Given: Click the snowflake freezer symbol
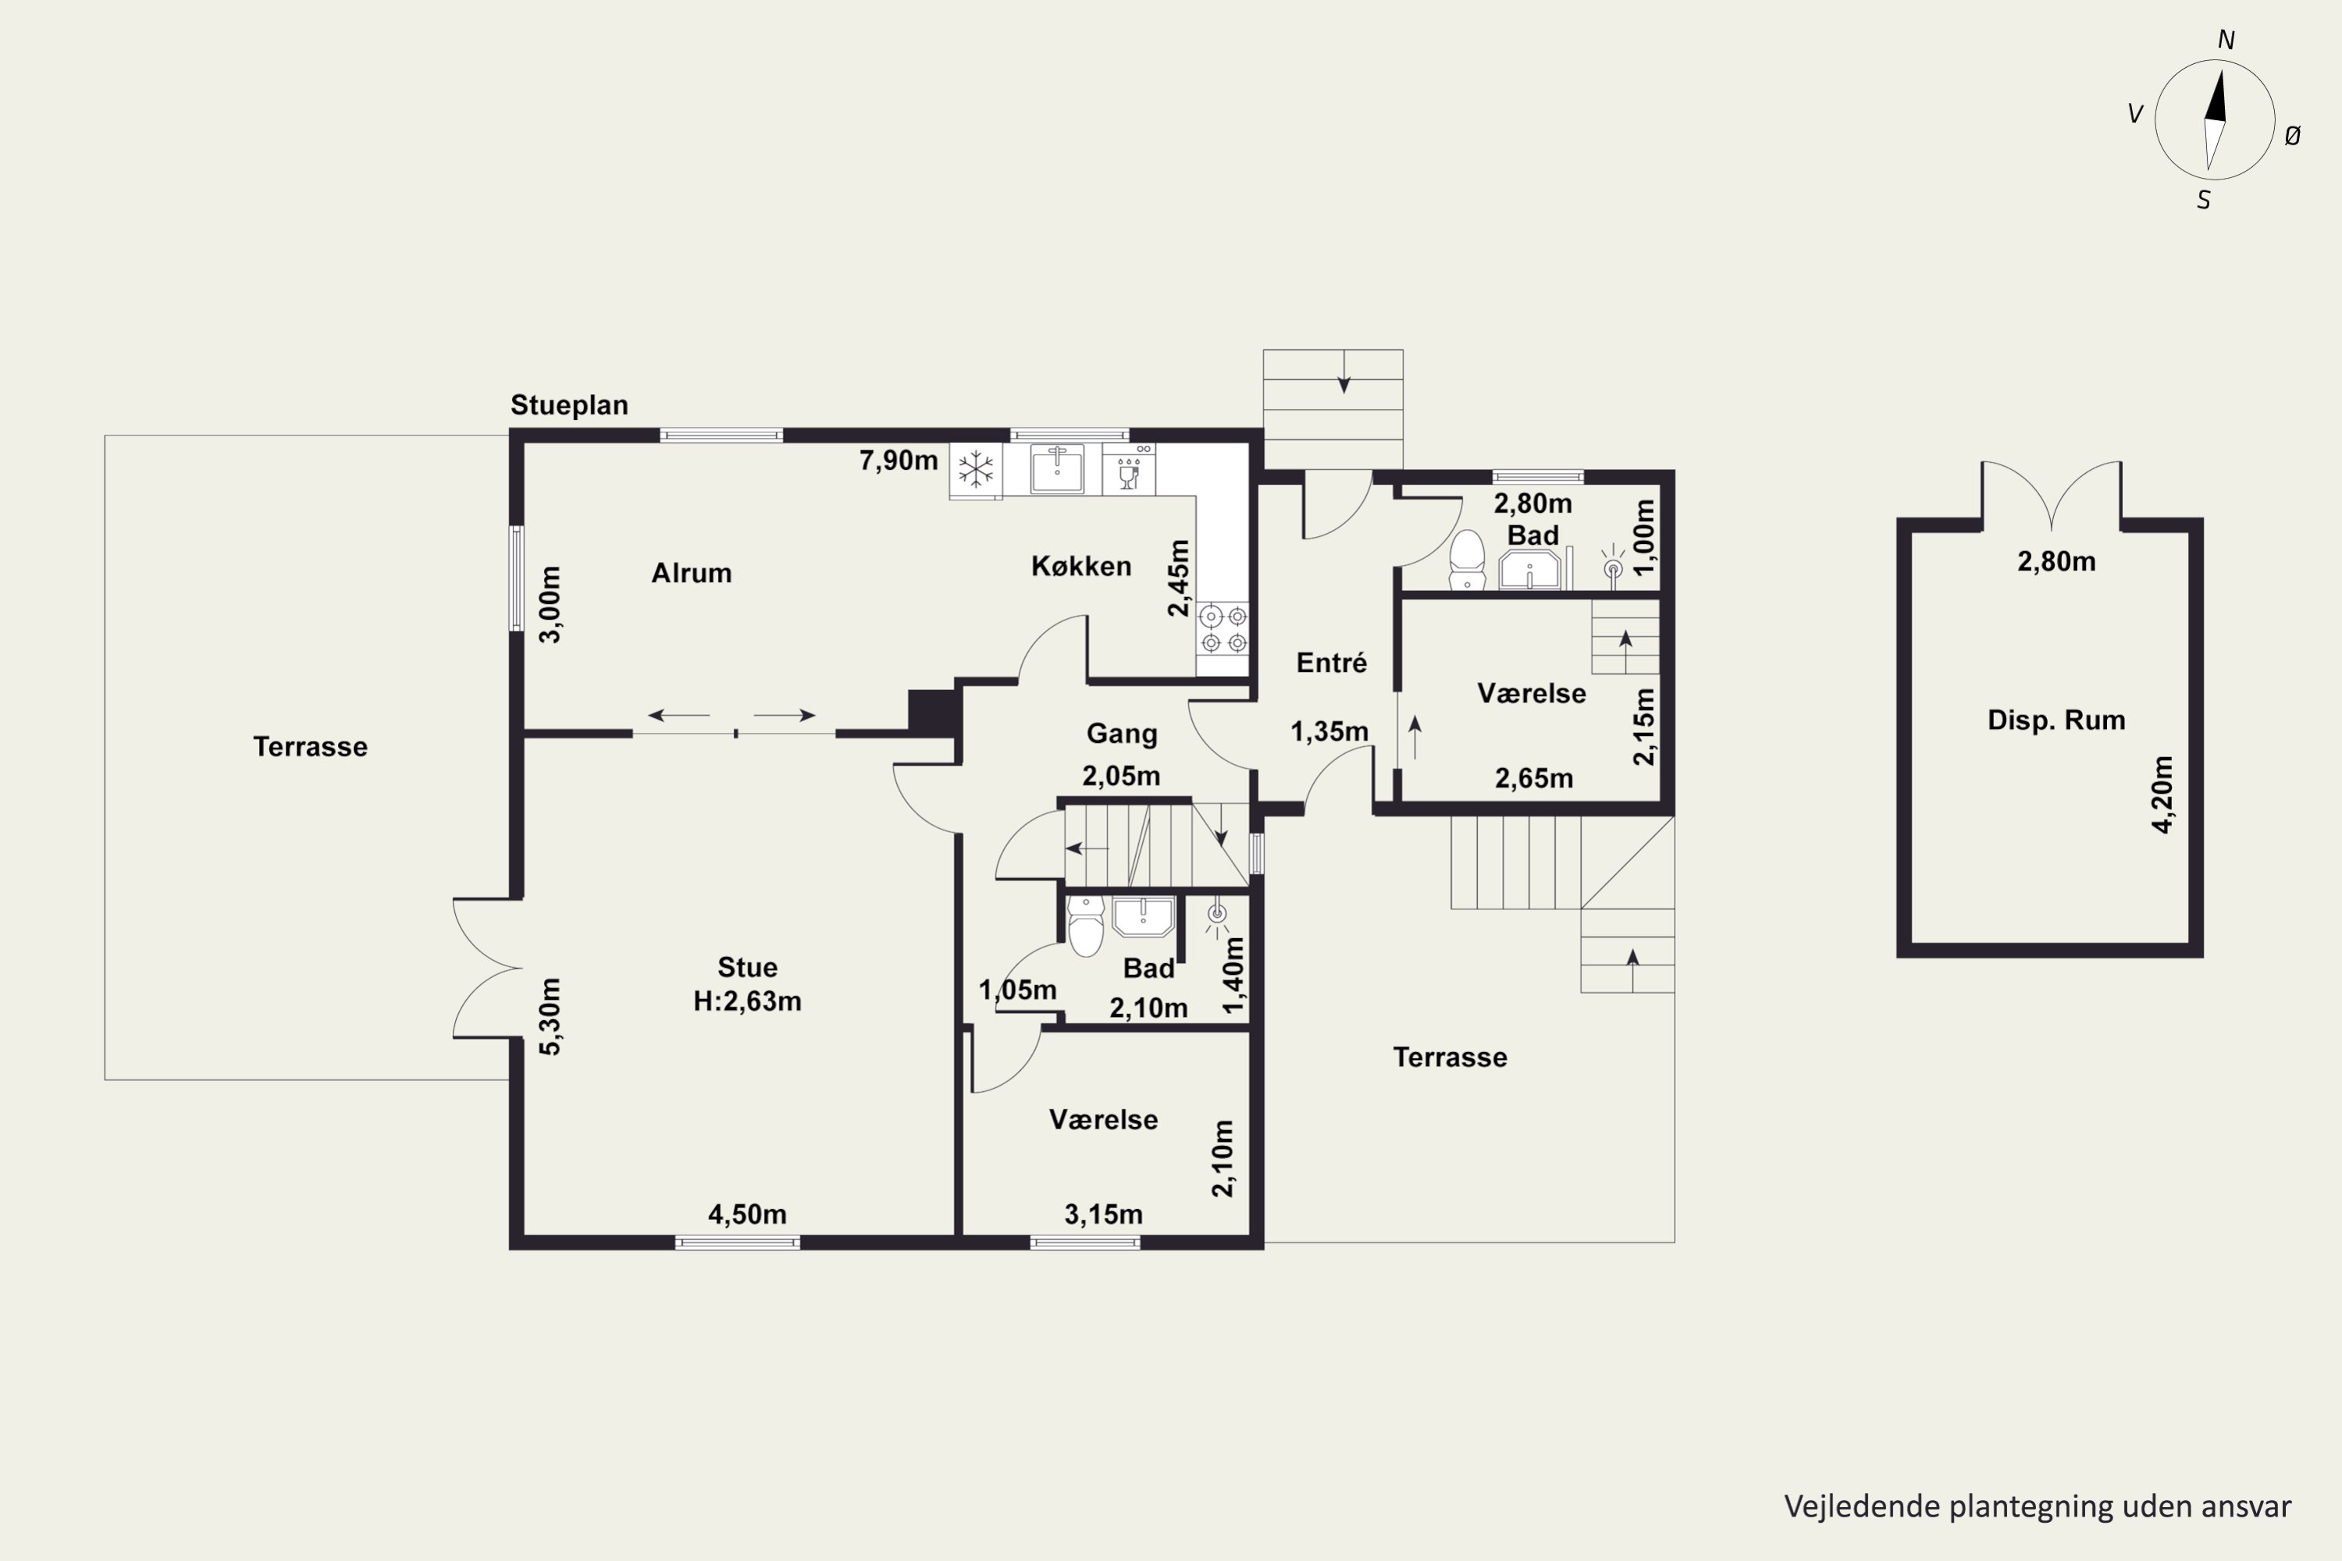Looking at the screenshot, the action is point(976,469).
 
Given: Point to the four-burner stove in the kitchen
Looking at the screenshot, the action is point(1223,629).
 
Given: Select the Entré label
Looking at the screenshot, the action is point(1331,662).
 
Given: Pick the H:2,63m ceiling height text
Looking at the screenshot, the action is point(747,1001).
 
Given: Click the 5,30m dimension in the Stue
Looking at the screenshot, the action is point(550,1015).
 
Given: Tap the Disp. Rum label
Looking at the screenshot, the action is point(2056,720).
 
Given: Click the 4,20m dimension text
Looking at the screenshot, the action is point(2162,795).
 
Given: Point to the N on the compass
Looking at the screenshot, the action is point(2226,40).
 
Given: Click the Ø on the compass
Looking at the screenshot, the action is point(2292,137).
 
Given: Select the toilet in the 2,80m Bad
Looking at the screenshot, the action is point(1467,560).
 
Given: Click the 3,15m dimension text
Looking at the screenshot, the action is point(1103,1214).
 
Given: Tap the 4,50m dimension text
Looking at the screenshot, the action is point(747,1214).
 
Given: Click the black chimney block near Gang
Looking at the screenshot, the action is point(934,713).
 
